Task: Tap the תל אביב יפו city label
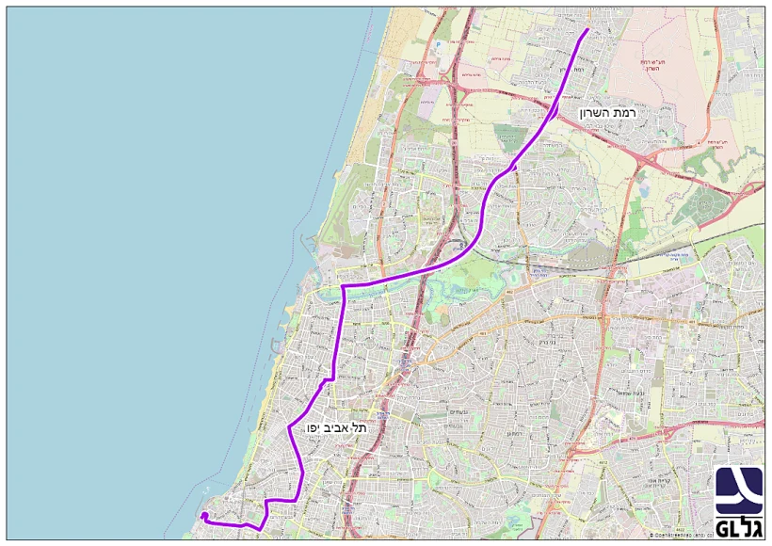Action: click(335, 427)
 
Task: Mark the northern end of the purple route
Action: click(588, 29)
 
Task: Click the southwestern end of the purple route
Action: click(202, 514)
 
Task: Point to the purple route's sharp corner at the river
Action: click(343, 285)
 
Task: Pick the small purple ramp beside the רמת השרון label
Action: click(557, 114)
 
